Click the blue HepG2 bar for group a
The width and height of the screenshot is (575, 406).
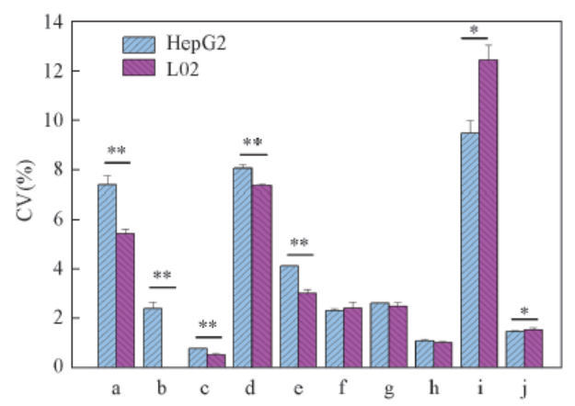[107, 276]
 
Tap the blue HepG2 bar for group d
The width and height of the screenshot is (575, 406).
[242, 267]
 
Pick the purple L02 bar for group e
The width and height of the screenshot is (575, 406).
[307, 330]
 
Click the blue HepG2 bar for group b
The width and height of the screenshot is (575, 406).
[152, 337]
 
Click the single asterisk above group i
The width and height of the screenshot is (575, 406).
[475, 30]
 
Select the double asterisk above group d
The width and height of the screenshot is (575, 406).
[252, 142]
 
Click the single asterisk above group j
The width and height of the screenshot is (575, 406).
[523, 311]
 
